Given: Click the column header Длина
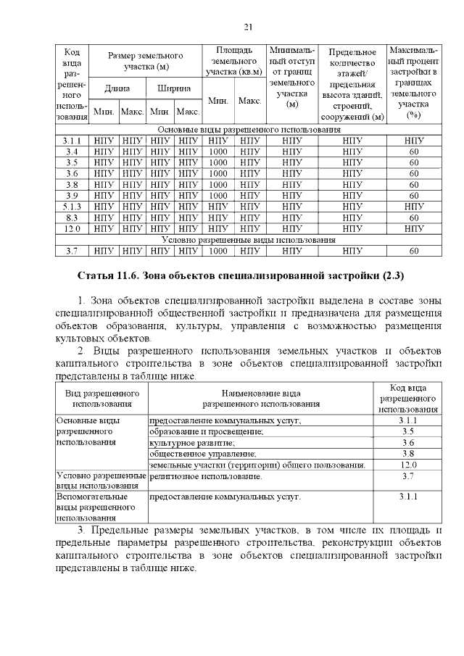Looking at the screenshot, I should (x=117, y=88).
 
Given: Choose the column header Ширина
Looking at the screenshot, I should (x=174, y=88).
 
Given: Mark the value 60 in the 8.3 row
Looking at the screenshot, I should (x=414, y=217).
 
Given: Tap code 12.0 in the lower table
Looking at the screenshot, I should (x=407, y=464).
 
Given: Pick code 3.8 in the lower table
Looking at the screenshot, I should (x=407, y=453).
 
